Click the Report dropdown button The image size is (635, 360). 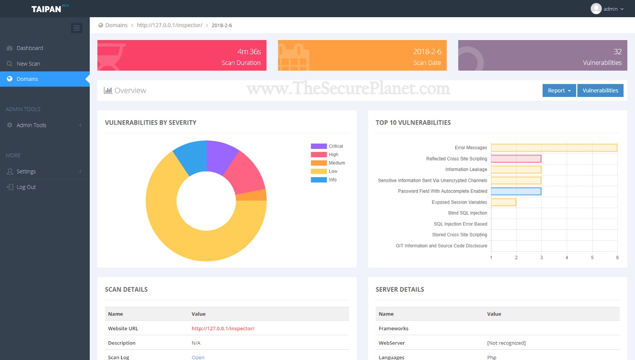click(x=559, y=90)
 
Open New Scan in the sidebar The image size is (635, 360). click(x=28, y=64)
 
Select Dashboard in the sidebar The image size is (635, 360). click(x=30, y=48)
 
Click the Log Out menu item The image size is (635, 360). click(x=26, y=187)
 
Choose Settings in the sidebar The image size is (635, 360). click(x=26, y=171)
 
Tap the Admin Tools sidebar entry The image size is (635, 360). click(x=31, y=125)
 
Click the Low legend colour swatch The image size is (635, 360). click(x=319, y=171)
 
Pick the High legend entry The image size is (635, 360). click(x=333, y=155)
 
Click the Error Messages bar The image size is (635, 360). click(x=554, y=148)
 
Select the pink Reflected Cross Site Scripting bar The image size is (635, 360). click(x=516, y=159)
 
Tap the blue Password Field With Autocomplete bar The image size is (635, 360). click(x=516, y=191)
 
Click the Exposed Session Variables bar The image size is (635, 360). click(x=503, y=202)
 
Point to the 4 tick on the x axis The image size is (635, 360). click(x=567, y=258)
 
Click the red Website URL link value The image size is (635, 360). click(x=223, y=328)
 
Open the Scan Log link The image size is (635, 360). click(x=198, y=357)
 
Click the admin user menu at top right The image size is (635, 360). click(x=607, y=9)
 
